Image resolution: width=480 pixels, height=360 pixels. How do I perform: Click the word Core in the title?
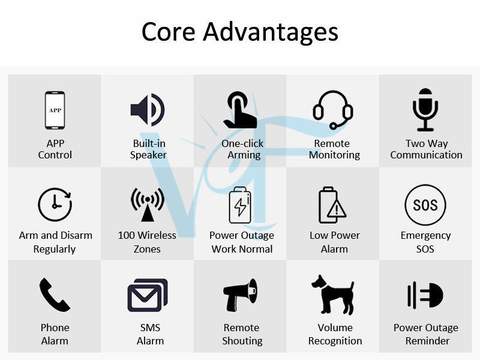pyautogui.click(x=169, y=32)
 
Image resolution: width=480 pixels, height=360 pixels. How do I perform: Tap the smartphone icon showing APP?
pyautogui.click(x=55, y=110)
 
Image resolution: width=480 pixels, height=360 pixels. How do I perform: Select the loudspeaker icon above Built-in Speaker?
pyautogui.click(x=148, y=110)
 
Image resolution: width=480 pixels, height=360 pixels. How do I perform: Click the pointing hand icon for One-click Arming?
pyautogui.click(x=240, y=110)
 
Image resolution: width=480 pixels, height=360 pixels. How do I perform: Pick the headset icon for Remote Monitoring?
pyautogui.click(x=333, y=110)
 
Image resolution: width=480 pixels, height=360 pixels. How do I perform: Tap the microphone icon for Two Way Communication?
pyautogui.click(x=425, y=110)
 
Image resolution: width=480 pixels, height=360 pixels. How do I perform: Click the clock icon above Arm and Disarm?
pyautogui.click(x=55, y=205)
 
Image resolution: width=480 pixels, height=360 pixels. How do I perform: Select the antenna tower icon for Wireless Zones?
pyautogui.click(x=148, y=205)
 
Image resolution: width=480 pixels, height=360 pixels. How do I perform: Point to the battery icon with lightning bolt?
pyautogui.click(x=240, y=205)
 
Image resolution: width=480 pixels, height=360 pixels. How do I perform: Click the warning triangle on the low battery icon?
pyautogui.click(x=337, y=209)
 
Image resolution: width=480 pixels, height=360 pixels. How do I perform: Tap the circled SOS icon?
pyautogui.click(x=425, y=205)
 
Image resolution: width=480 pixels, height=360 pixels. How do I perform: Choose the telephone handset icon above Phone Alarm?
pyautogui.click(x=55, y=295)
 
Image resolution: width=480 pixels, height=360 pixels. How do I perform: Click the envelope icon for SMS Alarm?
pyautogui.click(x=148, y=295)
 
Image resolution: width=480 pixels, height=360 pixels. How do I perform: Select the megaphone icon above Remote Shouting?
pyautogui.click(x=240, y=295)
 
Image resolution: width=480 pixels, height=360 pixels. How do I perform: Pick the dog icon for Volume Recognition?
pyautogui.click(x=333, y=295)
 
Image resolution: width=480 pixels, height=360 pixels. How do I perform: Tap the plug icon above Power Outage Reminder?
pyautogui.click(x=425, y=295)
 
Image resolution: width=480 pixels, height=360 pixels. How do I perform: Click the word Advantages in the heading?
pyautogui.click(x=271, y=32)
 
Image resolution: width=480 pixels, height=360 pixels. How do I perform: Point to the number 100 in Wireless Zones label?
pyautogui.click(x=126, y=235)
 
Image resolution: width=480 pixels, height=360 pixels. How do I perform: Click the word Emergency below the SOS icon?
pyautogui.click(x=425, y=236)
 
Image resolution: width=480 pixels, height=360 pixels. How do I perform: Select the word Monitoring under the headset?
pyautogui.click(x=334, y=155)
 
